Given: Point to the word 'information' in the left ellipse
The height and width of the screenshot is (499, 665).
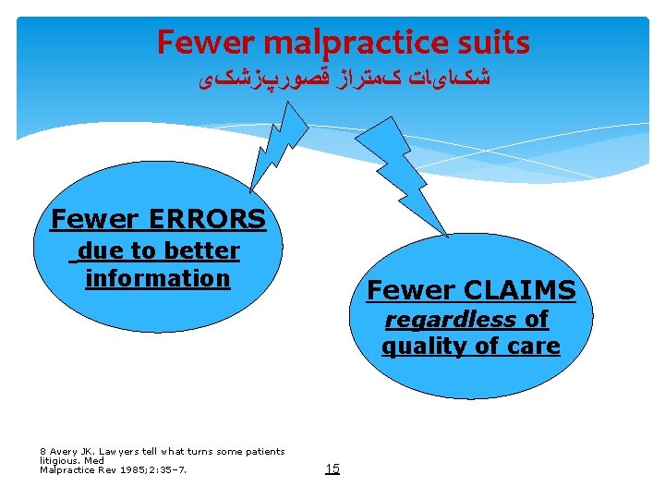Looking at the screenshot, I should pyautogui.click(x=157, y=277).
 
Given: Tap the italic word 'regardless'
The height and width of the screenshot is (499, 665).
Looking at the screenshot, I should pyautogui.click(x=450, y=320).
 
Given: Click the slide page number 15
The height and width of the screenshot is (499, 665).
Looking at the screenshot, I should pyautogui.click(x=332, y=469).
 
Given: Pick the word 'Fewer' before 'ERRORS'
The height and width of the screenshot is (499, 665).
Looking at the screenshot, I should pyautogui.click(x=92, y=219).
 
